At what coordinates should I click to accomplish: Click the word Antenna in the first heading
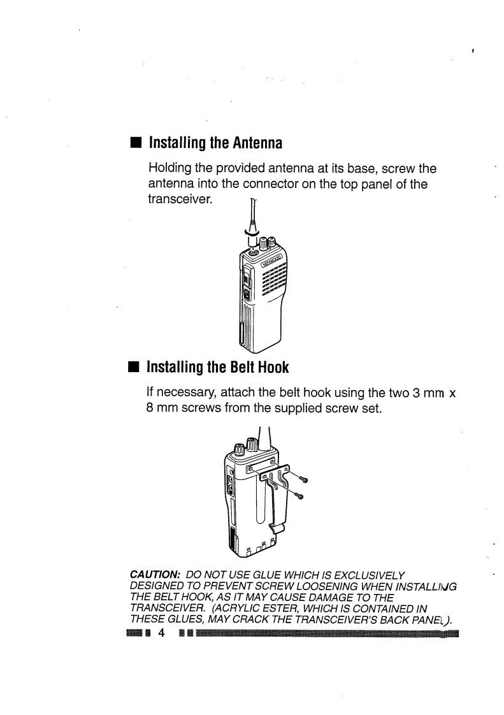[x=257, y=143]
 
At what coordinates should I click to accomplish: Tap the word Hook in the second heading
[x=273, y=367]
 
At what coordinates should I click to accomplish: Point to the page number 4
[x=161, y=633]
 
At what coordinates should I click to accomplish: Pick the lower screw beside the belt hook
[x=298, y=495]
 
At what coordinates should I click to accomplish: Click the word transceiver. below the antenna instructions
[x=180, y=199]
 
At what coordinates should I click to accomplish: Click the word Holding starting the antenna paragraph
[x=169, y=169]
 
